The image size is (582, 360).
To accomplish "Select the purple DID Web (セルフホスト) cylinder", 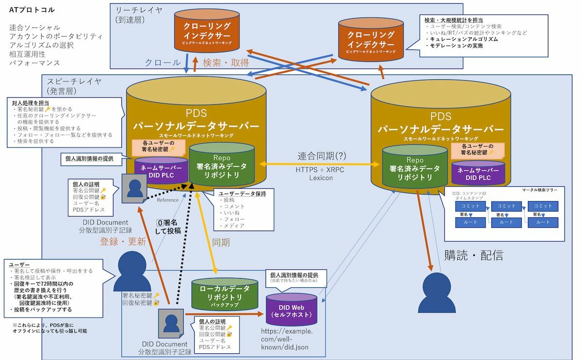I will click(291, 309).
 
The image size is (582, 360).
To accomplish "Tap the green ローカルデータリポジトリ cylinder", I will click(225, 294).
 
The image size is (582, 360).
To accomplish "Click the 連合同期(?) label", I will click(321, 156).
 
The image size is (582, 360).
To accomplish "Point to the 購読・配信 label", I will click(473, 255).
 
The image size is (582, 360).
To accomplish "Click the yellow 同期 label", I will click(221, 242).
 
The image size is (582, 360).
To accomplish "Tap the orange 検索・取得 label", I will click(226, 63).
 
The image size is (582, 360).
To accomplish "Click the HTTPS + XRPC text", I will click(321, 169).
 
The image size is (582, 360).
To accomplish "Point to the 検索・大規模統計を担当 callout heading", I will click(453, 19).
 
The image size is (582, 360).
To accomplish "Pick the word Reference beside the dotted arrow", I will click(168, 200).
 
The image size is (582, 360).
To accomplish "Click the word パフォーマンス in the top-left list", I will click(34, 63).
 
